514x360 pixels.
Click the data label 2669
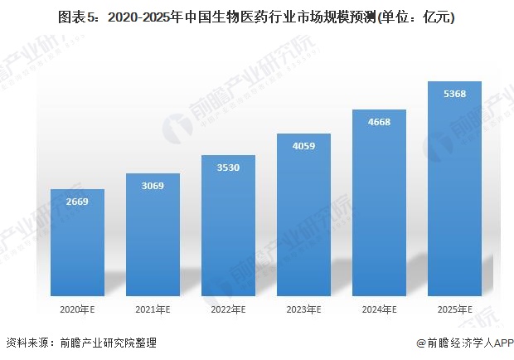coord(77,202)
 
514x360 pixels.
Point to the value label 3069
coord(153,185)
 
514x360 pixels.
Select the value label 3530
coord(228,168)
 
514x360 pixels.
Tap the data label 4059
coord(303,146)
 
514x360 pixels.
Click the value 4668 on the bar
coord(379,122)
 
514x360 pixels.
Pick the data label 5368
coord(454,94)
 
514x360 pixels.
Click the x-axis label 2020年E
coord(77,309)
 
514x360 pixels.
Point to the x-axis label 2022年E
coord(228,309)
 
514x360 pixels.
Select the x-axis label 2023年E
coord(303,309)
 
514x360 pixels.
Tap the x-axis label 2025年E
coord(454,309)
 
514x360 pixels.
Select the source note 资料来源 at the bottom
coord(80,343)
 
